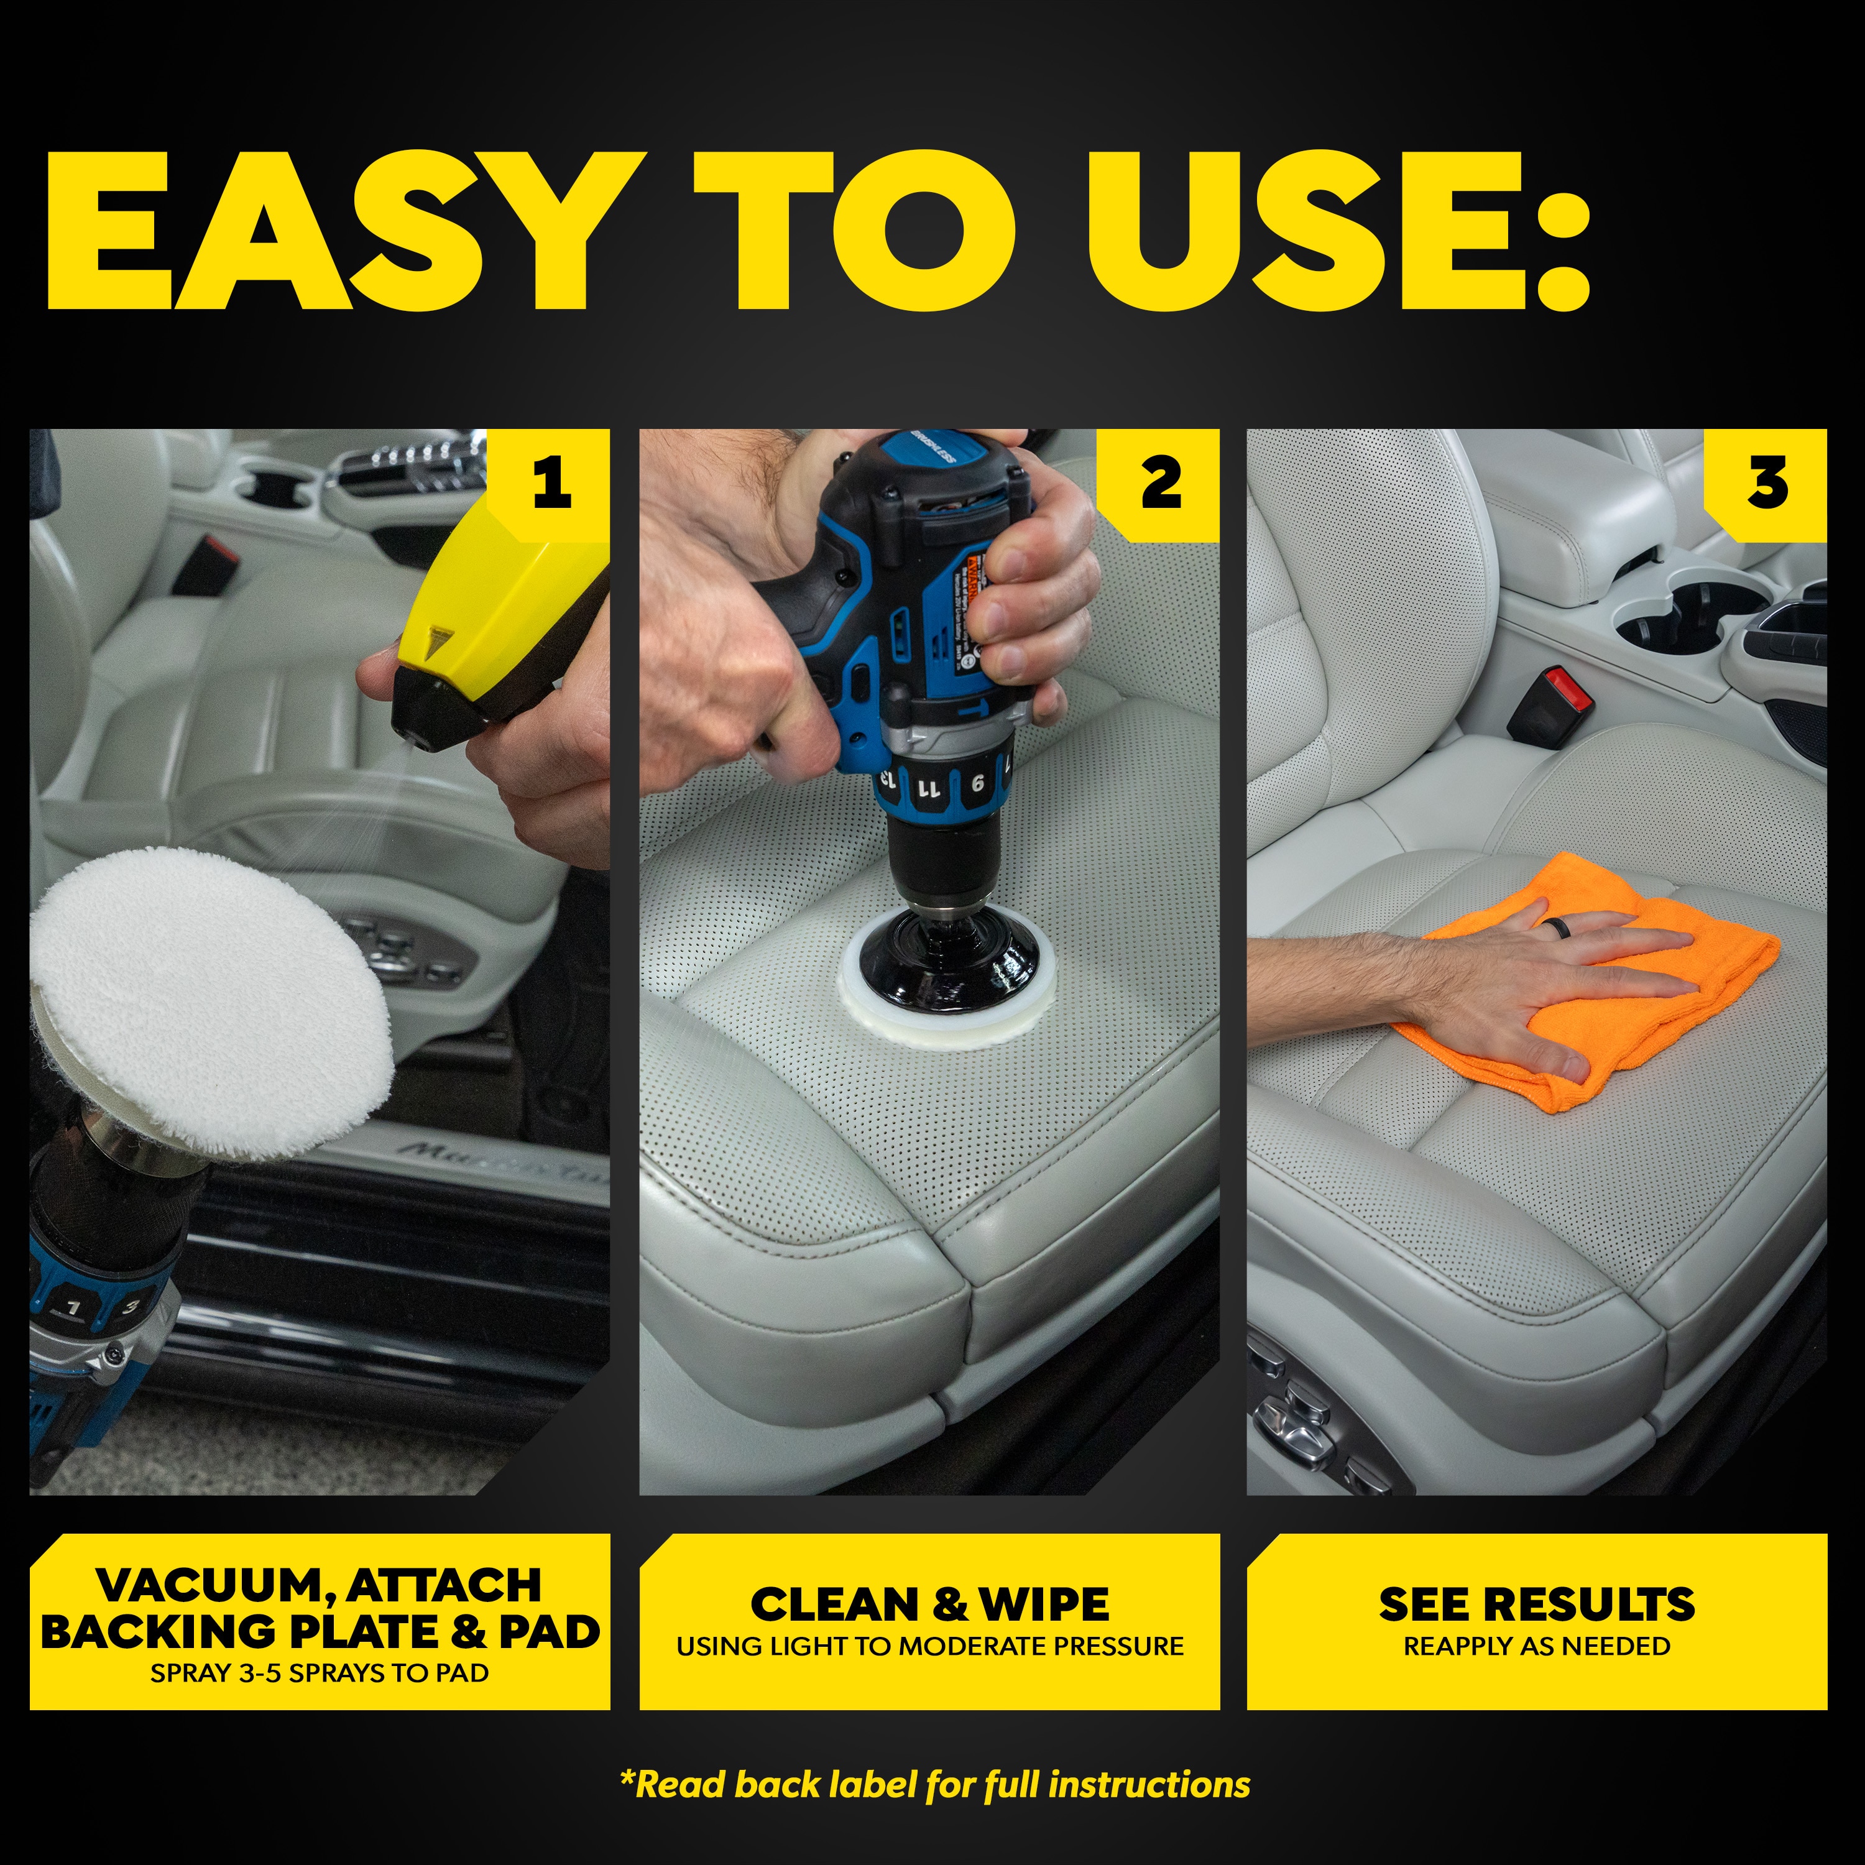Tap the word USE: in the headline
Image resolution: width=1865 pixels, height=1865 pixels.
pyautogui.click(x=1337, y=232)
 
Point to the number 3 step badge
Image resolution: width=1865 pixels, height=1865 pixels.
pyautogui.click(x=1767, y=482)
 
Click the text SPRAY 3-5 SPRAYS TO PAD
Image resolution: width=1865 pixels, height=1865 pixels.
pyautogui.click(x=320, y=1673)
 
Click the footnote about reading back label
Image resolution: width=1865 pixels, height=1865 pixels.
pyautogui.click(x=934, y=1784)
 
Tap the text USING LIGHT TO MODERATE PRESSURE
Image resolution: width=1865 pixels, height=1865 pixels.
pyautogui.click(x=929, y=1646)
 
